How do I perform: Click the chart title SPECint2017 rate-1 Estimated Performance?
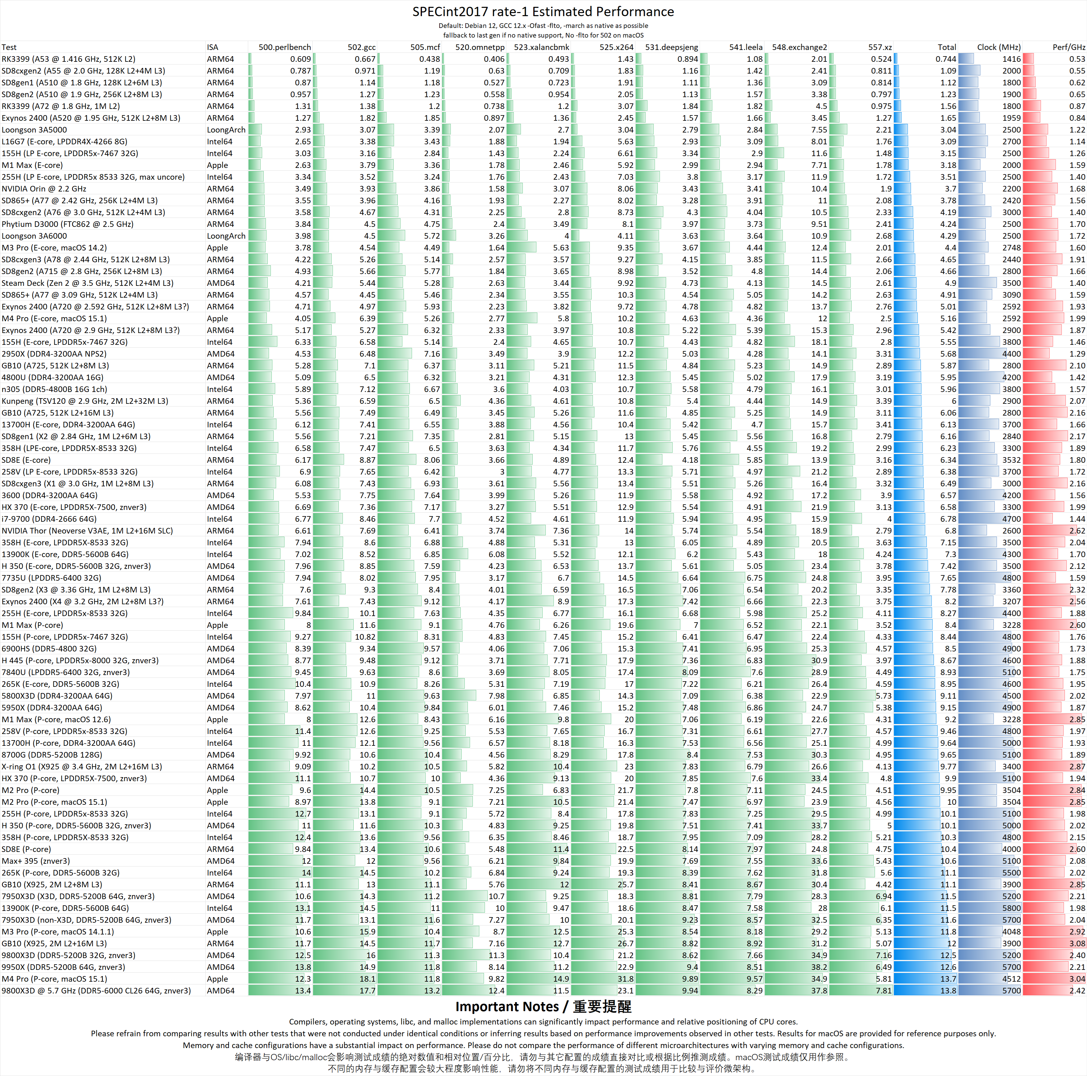click(x=543, y=12)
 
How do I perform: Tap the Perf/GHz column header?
click(x=1068, y=47)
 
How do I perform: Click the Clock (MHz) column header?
click(x=999, y=47)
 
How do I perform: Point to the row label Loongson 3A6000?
click(x=34, y=236)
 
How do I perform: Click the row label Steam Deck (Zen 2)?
click(x=87, y=283)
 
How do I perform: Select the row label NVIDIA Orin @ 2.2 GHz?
click(x=44, y=188)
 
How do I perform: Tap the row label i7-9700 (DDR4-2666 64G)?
click(x=49, y=519)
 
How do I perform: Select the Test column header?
click(x=9, y=47)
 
